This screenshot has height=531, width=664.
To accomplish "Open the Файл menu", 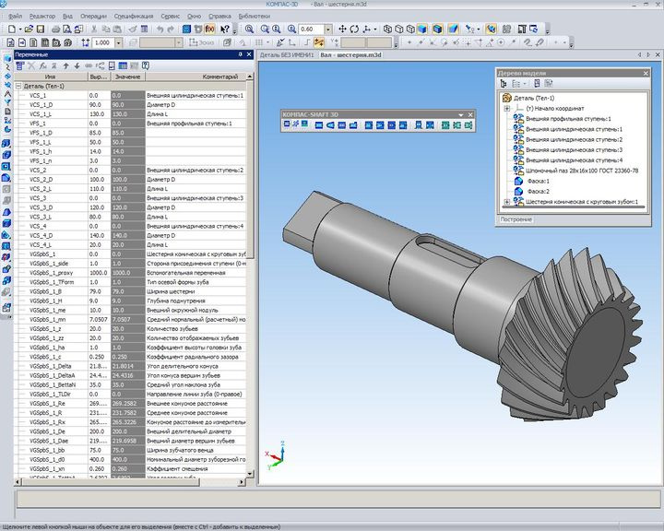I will [x=16, y=17].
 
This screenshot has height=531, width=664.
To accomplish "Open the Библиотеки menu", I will [x=255, y=17].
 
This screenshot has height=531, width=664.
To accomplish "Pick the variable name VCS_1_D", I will [x=42, y=104].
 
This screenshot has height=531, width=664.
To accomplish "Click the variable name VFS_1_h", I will [x=42, y=151].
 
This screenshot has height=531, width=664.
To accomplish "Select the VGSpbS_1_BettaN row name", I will [x=51, y=384].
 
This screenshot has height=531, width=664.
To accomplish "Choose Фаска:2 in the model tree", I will [x=539, y=191].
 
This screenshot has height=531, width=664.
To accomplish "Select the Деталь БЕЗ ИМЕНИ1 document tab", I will [x=287, y=55].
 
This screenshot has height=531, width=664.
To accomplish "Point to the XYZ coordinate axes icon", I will [x=274, y=455].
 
